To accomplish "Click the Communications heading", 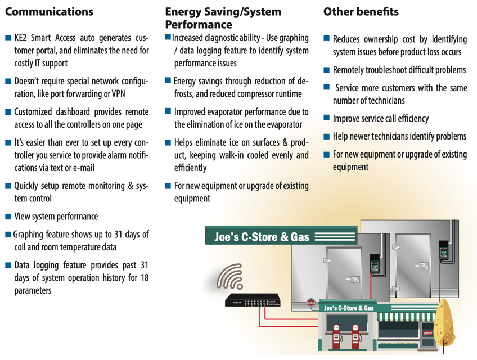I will tap(49, 12).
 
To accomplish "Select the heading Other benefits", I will tap(361, 12).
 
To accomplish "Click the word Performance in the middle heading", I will tap(199, 25).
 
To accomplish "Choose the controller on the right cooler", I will tap(443, 252).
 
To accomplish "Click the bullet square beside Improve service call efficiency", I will tap(327, 118).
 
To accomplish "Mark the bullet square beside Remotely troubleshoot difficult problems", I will tap(327, 70).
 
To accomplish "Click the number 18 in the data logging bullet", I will tap(143, 277).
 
